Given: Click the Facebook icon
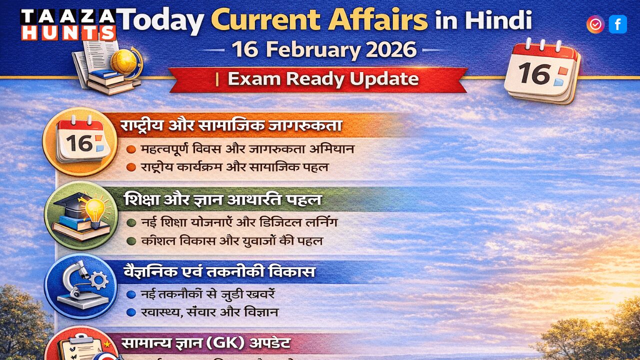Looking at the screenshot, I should click(617, 24).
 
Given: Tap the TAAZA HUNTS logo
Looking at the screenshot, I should click(68, 24).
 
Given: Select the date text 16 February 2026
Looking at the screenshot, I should click(324, 49).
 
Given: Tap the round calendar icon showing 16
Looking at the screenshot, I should click(80, 142).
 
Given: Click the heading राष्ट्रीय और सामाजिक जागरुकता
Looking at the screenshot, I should click(231, 126).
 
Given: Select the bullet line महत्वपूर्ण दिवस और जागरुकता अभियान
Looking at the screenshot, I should click(247, 149).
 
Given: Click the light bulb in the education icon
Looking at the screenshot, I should click(95, 208).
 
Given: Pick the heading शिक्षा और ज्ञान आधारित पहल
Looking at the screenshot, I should click(222, 200).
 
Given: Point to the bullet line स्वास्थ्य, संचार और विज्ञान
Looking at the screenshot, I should click(209, 312).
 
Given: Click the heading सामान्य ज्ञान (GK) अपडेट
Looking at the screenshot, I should click(205, 343).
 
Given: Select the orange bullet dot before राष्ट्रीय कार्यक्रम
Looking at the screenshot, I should click(131, 167).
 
